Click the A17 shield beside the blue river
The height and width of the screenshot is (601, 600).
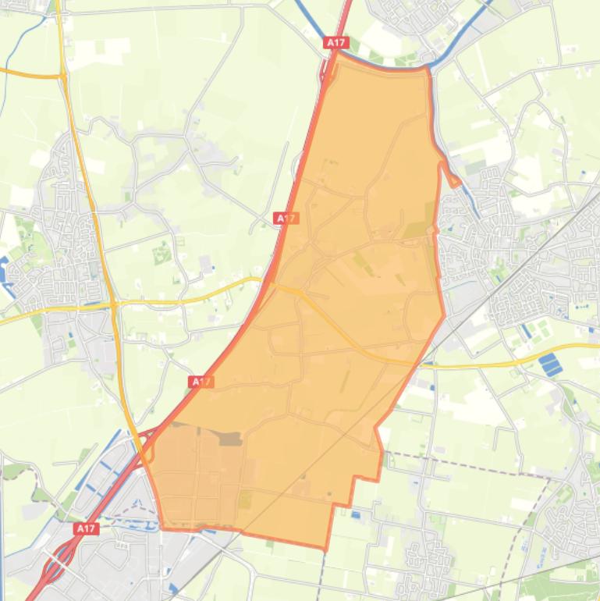pyautogui.click(x=336, y=43)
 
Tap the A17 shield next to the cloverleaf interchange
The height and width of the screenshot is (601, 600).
pyautogui.click(x=86, y=528)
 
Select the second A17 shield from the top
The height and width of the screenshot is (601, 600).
pyautogui.click(x=286, y=219)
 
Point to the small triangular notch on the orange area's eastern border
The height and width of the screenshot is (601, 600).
pyautogui.click(x=452, y=176)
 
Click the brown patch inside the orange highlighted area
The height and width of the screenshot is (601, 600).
pyautogui.click(x=229, y=439)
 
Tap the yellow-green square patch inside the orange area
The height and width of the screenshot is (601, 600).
pyautogui.click(x=245, y=498)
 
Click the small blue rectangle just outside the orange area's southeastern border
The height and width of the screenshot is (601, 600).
pyautogui.click(x=356, y=515)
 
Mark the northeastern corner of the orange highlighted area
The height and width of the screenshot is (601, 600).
pyautogui.click(x=428, y=69)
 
